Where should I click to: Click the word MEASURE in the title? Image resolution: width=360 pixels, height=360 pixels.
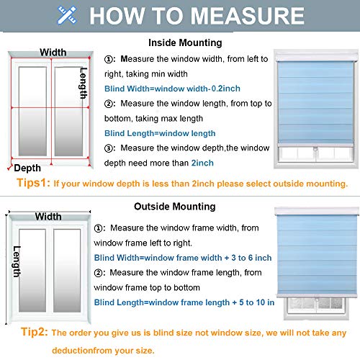[x=242, y=16]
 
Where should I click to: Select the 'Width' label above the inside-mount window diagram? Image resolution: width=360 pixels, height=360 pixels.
[x=53, y=53]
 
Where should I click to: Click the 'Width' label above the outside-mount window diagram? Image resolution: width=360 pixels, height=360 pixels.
[x=48, y=216]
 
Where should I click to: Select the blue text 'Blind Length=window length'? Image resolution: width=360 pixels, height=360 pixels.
[x=160, y=133]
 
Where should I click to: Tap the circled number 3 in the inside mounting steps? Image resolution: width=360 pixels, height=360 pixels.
[x=110, y=148]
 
